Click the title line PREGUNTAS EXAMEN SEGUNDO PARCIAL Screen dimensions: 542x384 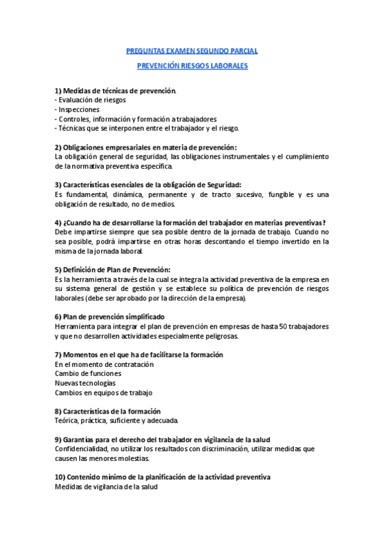coord(192,50)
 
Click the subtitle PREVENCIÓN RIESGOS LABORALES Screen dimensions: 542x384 coord(192,66)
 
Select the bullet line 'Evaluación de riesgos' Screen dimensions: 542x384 coord(91,100)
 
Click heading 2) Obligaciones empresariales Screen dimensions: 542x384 coord(146,147)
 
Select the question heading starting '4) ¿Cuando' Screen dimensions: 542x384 coord(190,222)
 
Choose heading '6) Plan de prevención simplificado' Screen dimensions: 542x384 coord(109,316)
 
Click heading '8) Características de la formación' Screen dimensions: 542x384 coord(108,411)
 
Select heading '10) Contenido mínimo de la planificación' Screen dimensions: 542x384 coord(163,477)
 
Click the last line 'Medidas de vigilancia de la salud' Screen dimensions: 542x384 coord(106,486)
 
